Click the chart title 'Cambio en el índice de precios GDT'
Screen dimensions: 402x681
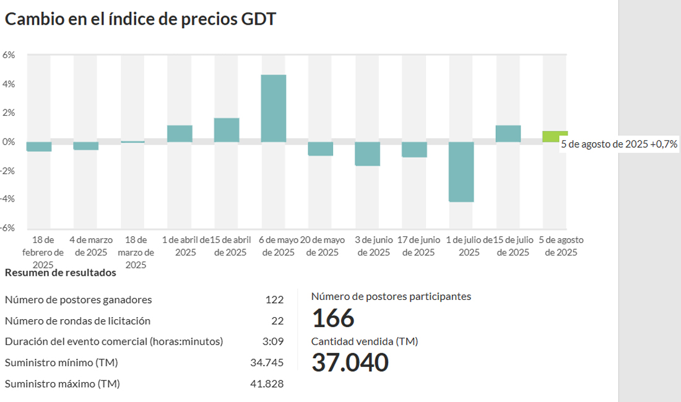tap(141, 19)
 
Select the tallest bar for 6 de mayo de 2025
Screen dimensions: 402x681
tap(273, 108)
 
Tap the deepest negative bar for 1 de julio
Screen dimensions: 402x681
tap(461, 172)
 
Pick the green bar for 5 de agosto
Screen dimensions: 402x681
tap(555, 137)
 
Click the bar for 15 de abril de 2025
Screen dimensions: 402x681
tap(227, 130)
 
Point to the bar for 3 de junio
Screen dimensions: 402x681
tap(367, 154)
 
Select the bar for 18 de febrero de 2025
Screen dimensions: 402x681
tap(39, 147)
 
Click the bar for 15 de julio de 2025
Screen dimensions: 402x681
tap(508, 134)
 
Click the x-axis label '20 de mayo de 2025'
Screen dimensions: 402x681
tap(323, 246)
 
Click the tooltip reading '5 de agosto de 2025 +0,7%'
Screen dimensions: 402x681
tap(619, 145)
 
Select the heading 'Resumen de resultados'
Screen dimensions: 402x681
tap(60, 273)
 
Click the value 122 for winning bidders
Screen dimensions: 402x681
tap(274, 300)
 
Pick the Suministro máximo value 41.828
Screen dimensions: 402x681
tap(267, 383)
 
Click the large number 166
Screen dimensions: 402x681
tap(333, 319)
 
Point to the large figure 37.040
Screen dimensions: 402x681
tap(350, 363)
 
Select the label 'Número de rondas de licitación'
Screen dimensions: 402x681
tap(77, 321)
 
